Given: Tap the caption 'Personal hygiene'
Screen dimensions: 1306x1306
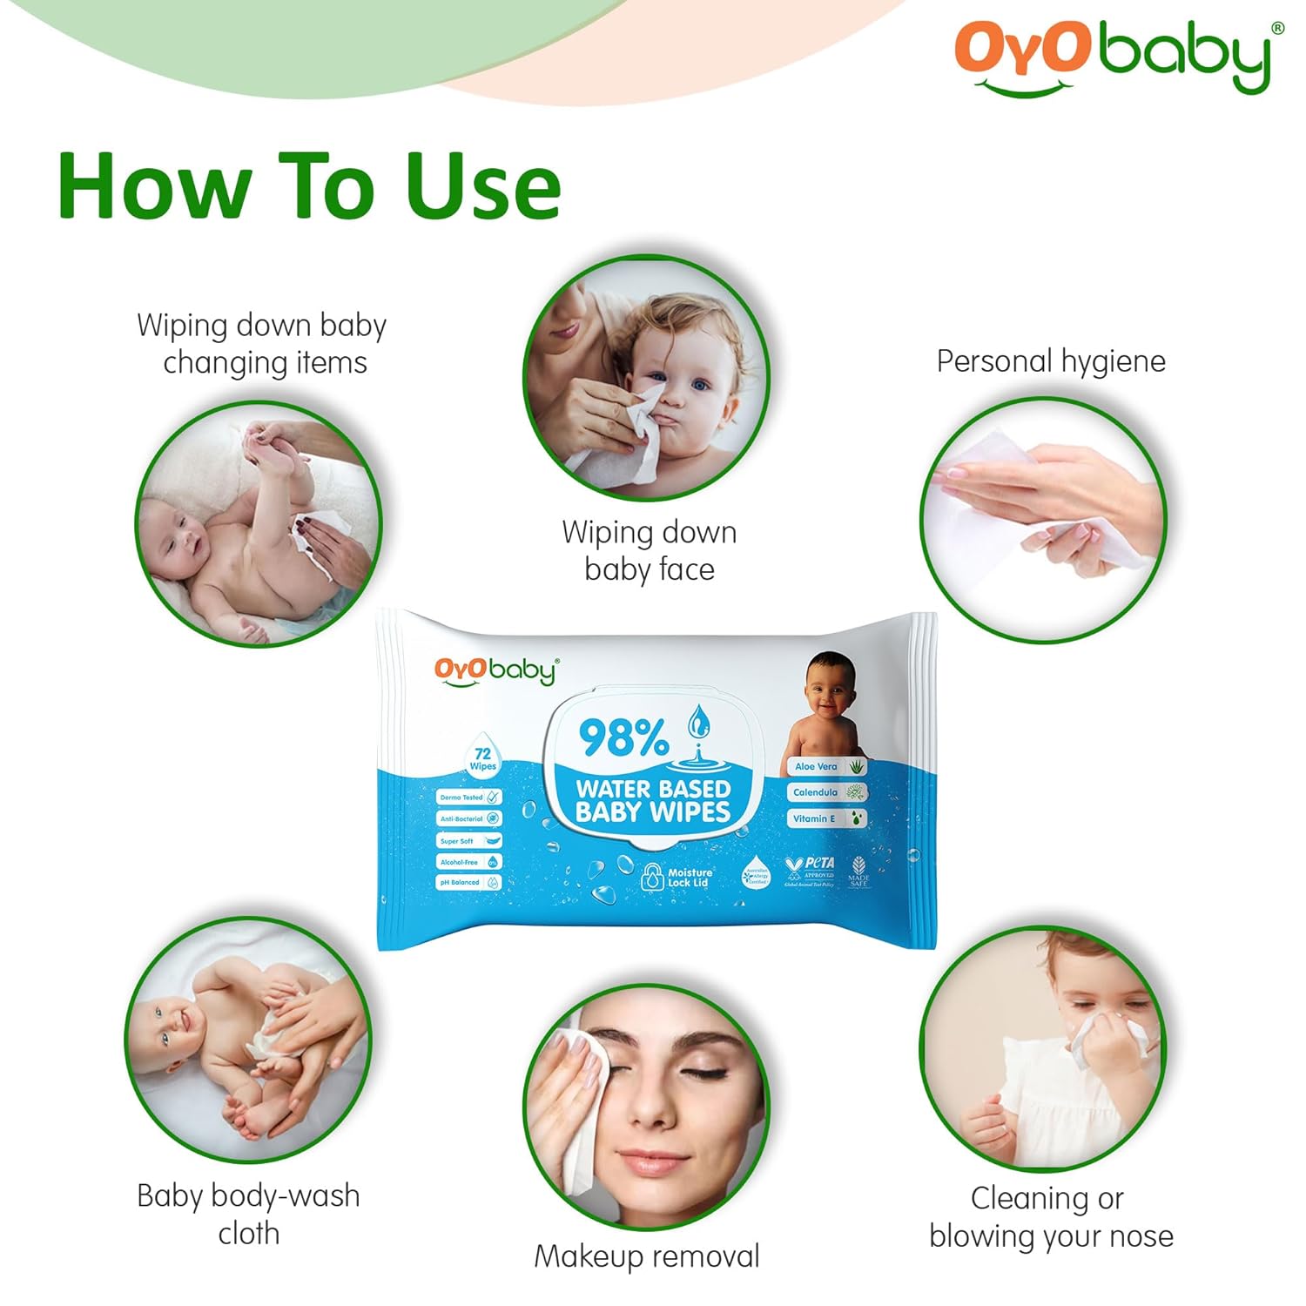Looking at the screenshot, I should (x=1051, y=360).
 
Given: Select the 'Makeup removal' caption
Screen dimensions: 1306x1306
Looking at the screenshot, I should (x=647, y=1256).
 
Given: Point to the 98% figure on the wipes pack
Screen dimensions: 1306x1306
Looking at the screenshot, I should (x=624, y=738).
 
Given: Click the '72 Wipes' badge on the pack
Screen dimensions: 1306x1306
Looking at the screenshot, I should (x=482, y=758).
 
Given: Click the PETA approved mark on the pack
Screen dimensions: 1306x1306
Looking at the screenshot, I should (x=811, y=869).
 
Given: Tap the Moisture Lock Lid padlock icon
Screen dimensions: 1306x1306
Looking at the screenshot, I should (x=653, y=878).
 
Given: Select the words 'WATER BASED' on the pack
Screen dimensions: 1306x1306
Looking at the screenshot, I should (x=653, y=789).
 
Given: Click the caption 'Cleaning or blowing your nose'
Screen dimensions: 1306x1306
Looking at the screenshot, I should (x=1049, y=1217).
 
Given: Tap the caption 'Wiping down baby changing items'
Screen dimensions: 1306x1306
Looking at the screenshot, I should (x=262, y=343).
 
